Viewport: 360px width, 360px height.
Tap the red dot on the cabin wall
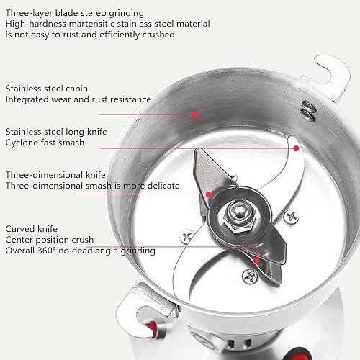point(195,114)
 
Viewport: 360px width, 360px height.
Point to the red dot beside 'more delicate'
point(208,194)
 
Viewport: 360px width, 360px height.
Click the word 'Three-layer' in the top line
point(28,13)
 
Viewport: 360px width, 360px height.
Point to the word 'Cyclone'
point(22,143)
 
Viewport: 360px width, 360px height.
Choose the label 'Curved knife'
point(31,228)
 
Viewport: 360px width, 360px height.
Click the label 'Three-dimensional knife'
point(56,175)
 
